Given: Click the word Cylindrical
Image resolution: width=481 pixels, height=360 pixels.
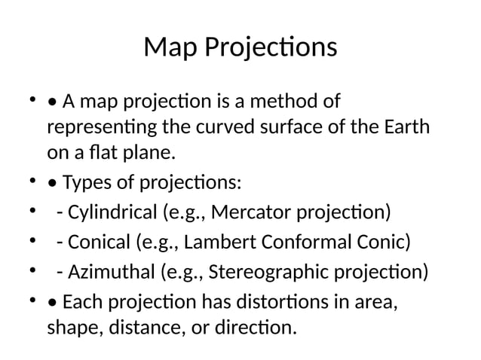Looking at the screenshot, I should (x=112, y=211).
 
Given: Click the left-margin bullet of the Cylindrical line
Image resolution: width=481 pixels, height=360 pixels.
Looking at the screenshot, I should (x=32, y=211).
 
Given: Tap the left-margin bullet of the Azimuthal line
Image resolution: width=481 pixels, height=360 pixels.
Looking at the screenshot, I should (x=32, y=270).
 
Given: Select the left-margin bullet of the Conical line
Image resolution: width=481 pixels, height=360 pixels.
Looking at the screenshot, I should (x=32, y=242).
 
